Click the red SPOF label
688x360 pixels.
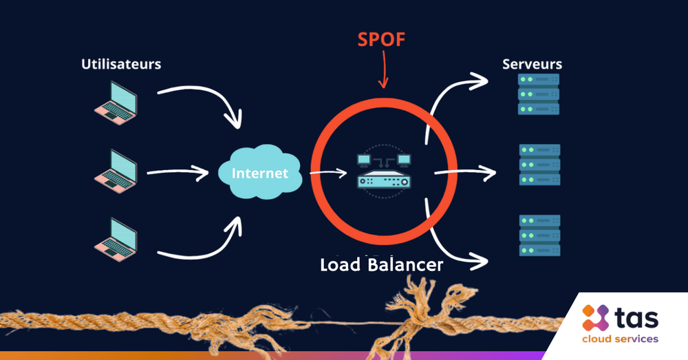pyautogui.click(x=381, y=39)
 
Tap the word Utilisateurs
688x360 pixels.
pyautogui.click(x=121, y=64)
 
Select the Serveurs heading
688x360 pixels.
pyautogui.click(x=532, y=64)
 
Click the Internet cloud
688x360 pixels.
pyautogui.click(x=260, y=173)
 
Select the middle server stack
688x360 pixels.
pyautogui.click(x=539, y=164)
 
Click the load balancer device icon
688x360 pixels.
pyautogui.click(x=383, y=171)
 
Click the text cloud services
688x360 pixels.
pyautogui.click(x=620, y=339)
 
